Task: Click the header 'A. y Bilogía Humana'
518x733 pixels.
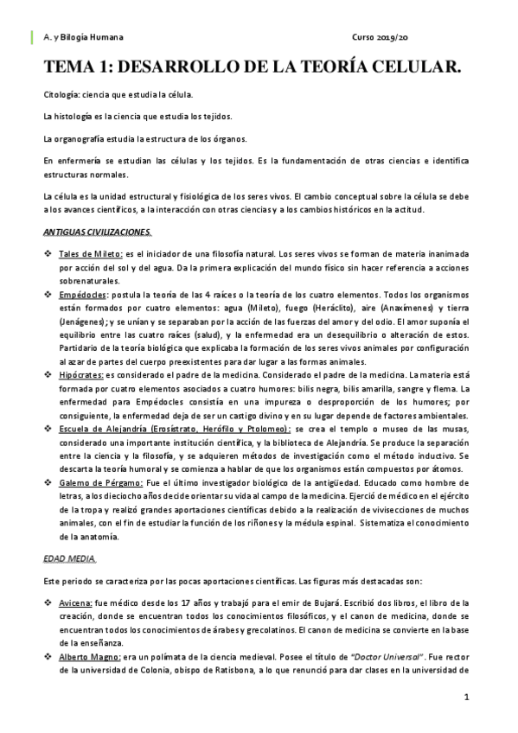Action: (83, 38)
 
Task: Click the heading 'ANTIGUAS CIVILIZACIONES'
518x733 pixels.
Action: (98, 232)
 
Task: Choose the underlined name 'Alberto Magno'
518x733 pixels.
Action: (87, 656)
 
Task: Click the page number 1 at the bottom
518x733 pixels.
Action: (466, 697)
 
